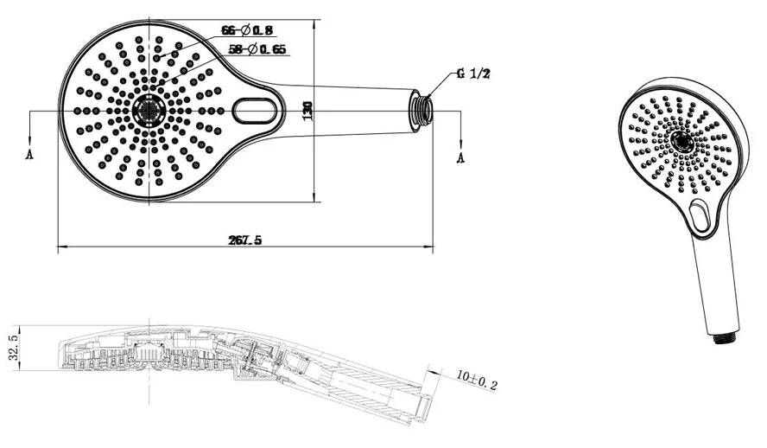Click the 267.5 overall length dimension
tap(245, 241)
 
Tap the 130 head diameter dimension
tap(307, 110)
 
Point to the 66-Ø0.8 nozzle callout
tap(241, 30)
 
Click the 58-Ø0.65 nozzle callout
tap(257, 49)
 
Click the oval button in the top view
tap(255, 111)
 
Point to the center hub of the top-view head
tap(150, 111)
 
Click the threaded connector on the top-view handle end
tap(421, 111)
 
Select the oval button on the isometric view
tap(700, 216)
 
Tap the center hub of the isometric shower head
tap(681, 142)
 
